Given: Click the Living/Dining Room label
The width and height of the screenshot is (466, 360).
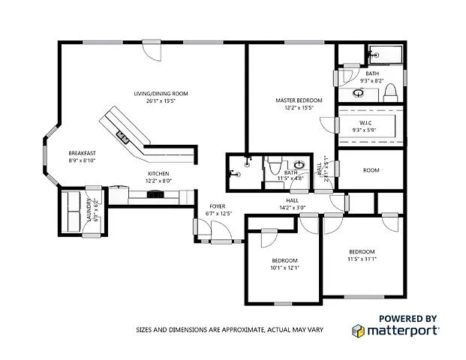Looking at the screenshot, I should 160,94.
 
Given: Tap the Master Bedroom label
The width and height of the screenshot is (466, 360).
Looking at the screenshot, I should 299,100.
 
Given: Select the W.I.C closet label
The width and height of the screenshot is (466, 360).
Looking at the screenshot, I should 366,121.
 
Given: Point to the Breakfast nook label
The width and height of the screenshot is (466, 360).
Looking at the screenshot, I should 82,152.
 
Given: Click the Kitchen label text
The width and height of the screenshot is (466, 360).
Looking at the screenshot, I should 158,173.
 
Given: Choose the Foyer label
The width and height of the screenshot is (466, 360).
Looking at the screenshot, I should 218,206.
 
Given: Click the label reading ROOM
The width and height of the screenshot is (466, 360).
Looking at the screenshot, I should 371,170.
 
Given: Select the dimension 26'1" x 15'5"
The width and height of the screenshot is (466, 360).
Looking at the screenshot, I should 160,101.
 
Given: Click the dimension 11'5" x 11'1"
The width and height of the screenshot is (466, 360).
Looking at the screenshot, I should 362,259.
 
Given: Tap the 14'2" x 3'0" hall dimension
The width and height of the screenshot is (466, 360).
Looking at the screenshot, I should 293,207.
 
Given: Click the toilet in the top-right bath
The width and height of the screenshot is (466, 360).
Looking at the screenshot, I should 389,92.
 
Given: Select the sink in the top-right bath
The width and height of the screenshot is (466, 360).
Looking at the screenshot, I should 358,94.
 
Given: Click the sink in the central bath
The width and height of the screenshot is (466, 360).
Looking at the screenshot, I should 299,164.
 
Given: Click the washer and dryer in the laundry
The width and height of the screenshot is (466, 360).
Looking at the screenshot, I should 74,211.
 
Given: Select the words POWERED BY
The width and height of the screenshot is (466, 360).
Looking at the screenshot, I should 407,318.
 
